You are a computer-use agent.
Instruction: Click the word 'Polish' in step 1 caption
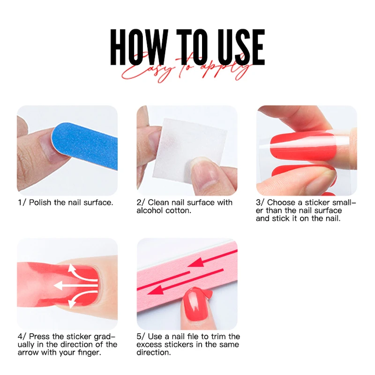click(x=40, y=202)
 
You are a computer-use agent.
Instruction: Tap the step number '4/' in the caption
click(x=22, y=336)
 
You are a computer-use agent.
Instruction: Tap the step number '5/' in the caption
click(x=141, y=336)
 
